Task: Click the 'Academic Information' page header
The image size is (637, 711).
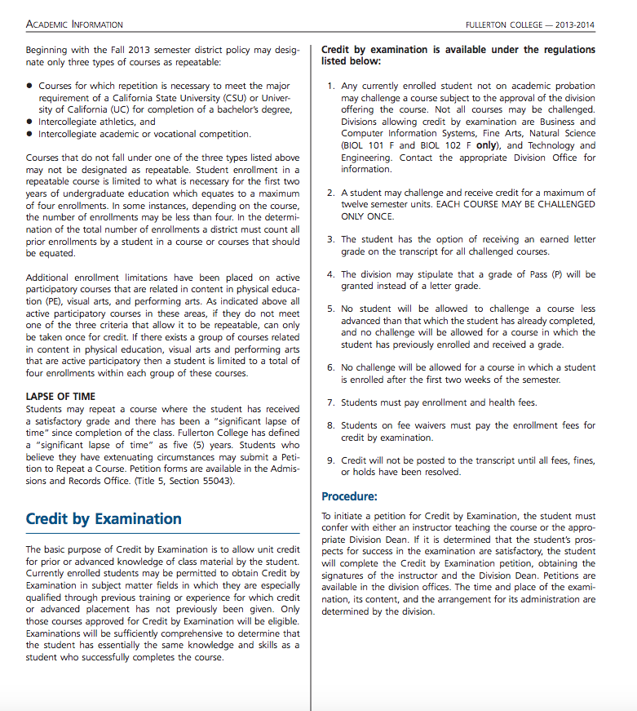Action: tap(74, 24)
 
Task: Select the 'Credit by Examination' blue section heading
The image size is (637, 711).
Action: tap(104, 519)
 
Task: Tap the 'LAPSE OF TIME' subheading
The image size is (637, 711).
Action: tap(60, 397)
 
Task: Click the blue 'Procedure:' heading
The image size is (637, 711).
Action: tap(349, 496)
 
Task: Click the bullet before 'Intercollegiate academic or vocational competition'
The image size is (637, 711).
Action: tap(30, 135)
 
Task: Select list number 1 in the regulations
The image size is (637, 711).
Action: tap(330, 87)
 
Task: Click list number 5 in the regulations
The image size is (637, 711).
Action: tap(330, 309)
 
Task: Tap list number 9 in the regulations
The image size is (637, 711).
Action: tap(330, 461)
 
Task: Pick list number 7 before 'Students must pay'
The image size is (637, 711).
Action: tap(330, 402)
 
